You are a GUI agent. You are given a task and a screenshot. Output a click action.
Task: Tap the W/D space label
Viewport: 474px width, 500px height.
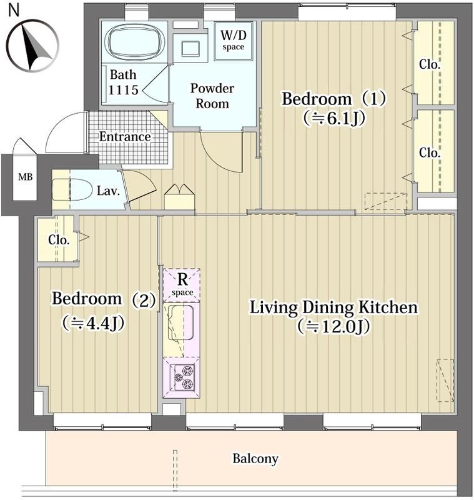234,40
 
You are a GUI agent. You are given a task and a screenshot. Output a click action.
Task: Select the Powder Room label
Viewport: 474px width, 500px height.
212,96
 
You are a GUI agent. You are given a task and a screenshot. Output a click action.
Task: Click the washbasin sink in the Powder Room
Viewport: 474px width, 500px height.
190,49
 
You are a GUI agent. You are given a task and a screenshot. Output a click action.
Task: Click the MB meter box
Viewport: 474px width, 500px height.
25,177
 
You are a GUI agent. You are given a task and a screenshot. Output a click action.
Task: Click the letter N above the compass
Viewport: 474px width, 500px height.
14,10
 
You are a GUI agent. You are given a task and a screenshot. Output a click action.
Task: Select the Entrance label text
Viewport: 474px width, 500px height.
124,136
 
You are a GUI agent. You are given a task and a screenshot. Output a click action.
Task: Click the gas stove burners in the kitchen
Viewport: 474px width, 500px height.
185,377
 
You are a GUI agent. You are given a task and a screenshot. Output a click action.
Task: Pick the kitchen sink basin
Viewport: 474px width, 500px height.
180,322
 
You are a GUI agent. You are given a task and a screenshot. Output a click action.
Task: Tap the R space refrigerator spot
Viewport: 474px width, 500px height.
182,286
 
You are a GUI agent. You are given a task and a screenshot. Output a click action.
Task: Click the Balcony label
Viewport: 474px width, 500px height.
255,459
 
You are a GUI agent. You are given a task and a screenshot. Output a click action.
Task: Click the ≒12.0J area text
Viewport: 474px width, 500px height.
333,326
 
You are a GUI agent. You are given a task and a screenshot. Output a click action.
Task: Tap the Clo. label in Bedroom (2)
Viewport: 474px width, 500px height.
59,240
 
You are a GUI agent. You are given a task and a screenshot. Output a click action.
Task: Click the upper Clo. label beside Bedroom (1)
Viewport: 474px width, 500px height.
430,65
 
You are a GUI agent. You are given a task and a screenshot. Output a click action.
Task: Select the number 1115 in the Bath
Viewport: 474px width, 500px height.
123,90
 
